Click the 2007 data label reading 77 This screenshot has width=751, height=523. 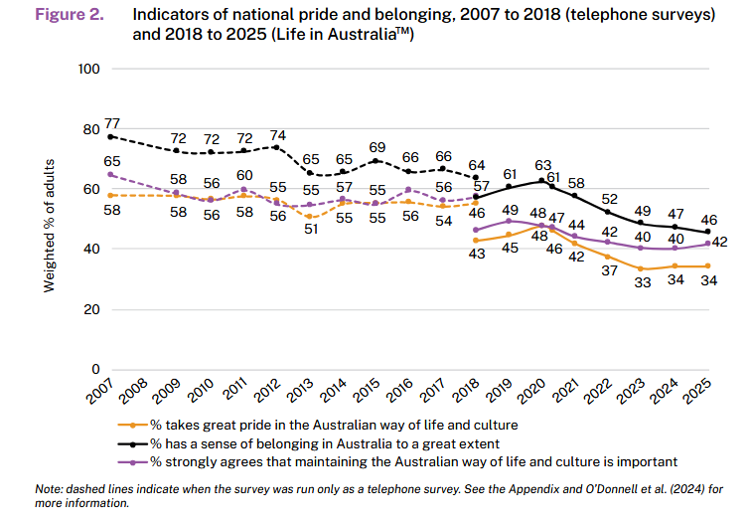point(112,121)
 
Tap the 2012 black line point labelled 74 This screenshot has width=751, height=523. point(277,147)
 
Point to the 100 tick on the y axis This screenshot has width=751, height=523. point(90,69)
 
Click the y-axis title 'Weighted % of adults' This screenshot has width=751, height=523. point(48,227)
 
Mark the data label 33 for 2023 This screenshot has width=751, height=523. point(643,284)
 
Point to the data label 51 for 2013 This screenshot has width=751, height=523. point(311,230)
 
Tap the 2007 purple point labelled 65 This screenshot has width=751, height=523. point(111,174)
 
